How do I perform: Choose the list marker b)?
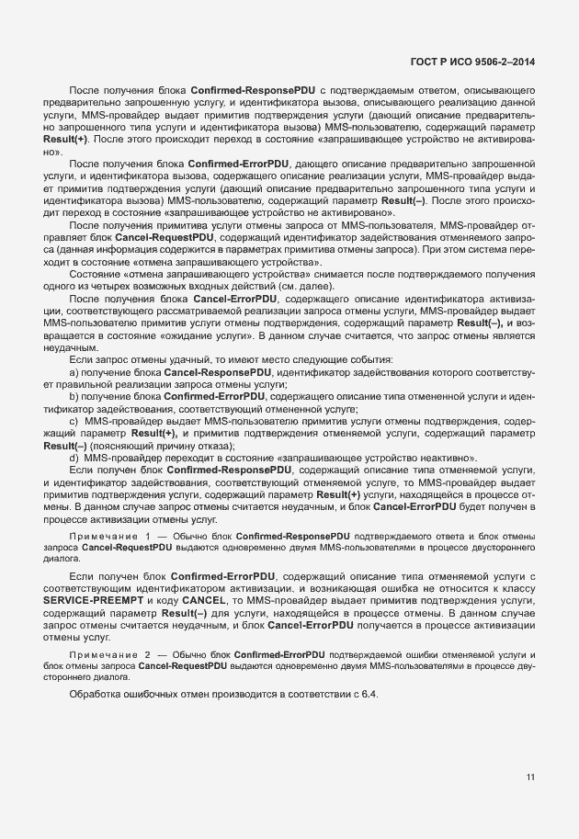tap(74, 420)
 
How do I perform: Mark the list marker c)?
tap(74, 444)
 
